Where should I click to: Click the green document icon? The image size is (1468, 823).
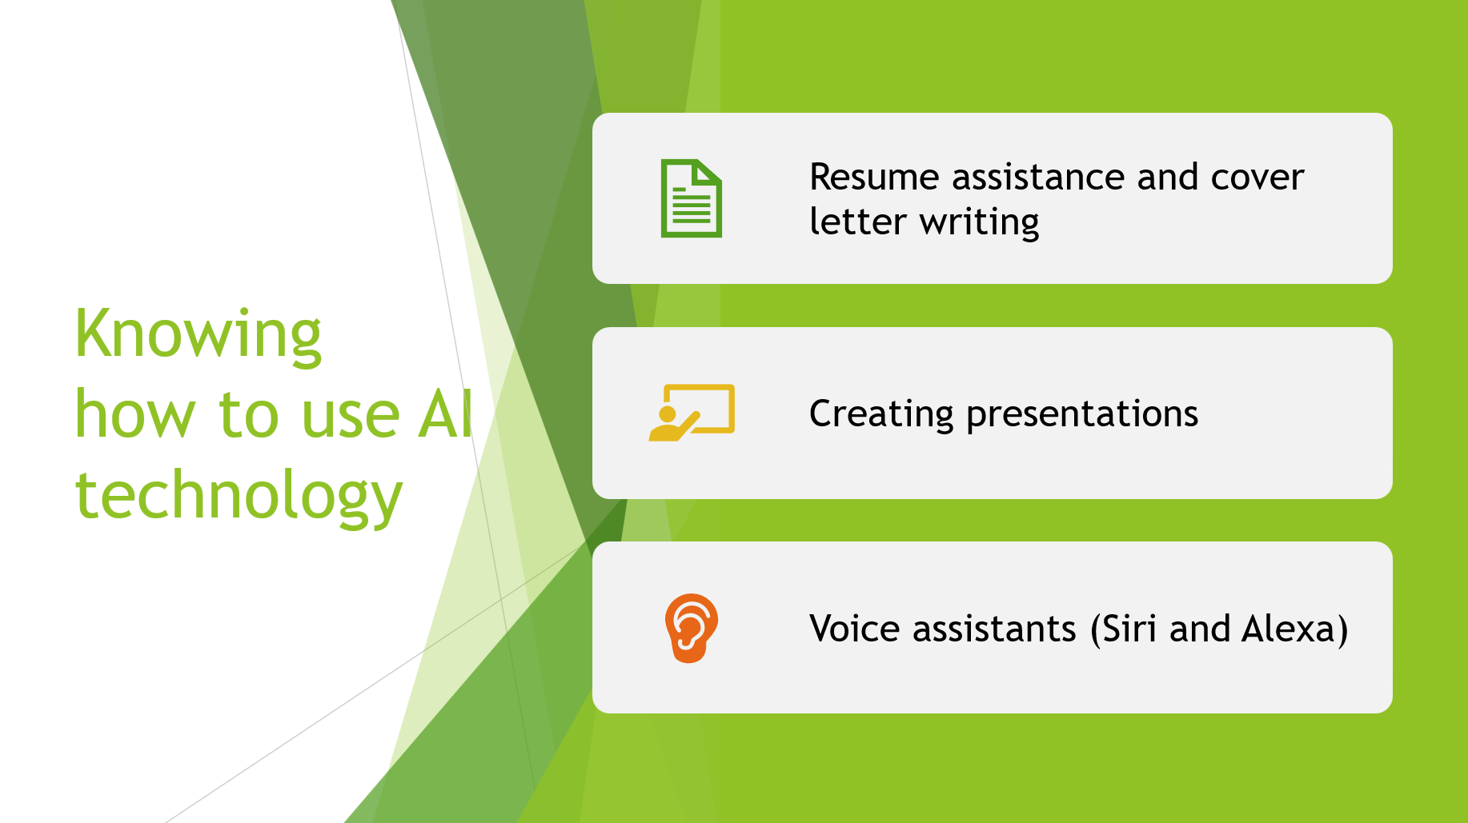click(691, 198)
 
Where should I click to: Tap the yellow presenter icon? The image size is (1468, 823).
click(692, 413)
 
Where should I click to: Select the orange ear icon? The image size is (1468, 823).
click(691, 628)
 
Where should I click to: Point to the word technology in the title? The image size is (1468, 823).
click(239, 496)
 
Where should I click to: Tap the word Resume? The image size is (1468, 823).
click(874, 177)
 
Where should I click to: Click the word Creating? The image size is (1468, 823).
click(881, 414)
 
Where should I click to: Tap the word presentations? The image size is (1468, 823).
click(1082, 414)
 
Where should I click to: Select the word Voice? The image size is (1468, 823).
click(855, 629)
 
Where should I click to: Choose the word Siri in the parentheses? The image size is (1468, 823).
click(1129, 629)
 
